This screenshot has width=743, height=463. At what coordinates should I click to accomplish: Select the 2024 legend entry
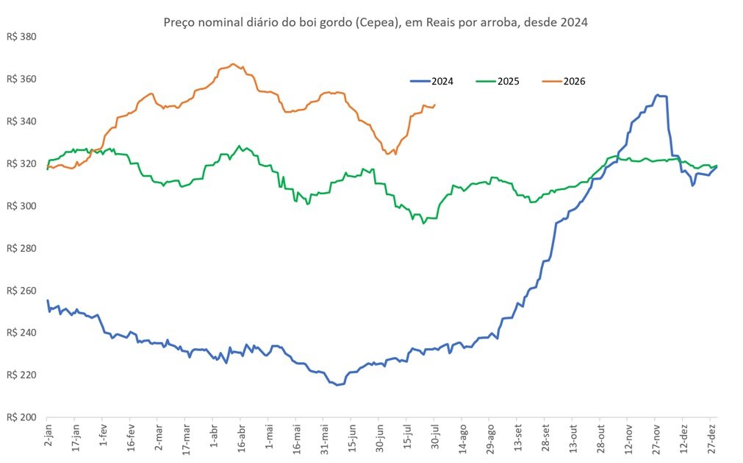tap(431, 82)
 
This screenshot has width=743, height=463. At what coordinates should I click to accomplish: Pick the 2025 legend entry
tap(498, 82)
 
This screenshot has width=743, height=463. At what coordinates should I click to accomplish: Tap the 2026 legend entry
tap(564, 82)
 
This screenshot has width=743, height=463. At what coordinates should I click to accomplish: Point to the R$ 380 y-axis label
tap(21, 37)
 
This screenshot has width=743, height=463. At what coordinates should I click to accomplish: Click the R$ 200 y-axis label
tap(21, 417)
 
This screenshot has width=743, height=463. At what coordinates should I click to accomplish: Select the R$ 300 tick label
tap(21, 206)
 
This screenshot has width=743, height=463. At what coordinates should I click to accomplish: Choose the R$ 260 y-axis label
tap(21, 290)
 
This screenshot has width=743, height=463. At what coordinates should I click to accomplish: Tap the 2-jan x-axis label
tap(48, 437)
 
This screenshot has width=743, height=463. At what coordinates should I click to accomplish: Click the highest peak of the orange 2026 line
tap(233, 64)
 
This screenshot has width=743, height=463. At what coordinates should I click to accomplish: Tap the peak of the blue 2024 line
tap(657, 95)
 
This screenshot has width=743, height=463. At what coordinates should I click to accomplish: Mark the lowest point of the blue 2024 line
tap(337, 385)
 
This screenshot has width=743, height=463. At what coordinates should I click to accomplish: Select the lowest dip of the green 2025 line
tap(423, 223)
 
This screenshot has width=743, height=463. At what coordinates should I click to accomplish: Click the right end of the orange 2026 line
tap(435, 105)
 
